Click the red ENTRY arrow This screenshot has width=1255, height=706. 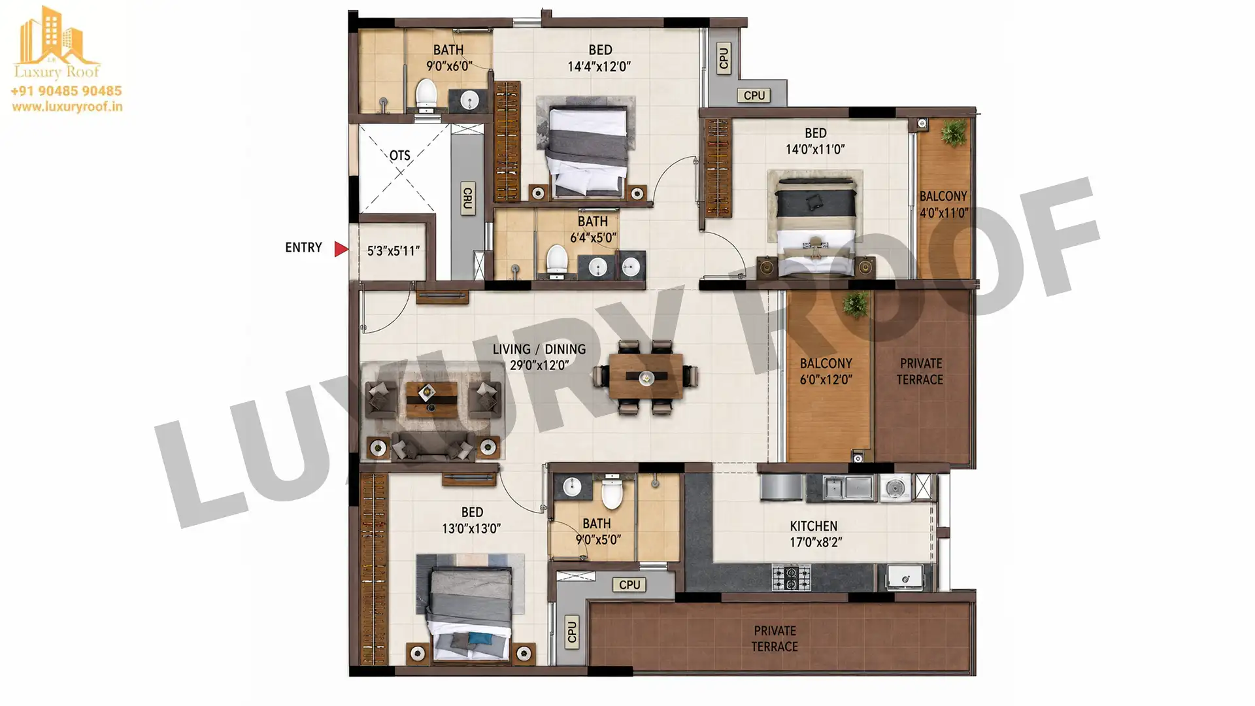[x=341, y=249]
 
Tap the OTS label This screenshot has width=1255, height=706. [x=400, y=156]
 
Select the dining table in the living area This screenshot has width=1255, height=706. [x=646, y=377]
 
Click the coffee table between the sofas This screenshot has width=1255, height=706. [x=431, y=399]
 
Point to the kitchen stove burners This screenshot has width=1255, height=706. [x=791, y=577]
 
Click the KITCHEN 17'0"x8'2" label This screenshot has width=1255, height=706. [x=814, y=534]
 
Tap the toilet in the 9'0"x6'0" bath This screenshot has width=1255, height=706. [x=426, y=95]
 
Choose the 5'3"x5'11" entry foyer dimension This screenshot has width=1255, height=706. [x=393, y=250]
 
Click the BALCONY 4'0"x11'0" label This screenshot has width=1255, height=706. [x=944, y=204]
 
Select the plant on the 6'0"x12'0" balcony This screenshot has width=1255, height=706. [x=856, y=305]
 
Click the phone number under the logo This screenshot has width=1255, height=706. [x=66, y=91]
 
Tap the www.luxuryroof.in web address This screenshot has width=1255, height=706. [x=67, y=107]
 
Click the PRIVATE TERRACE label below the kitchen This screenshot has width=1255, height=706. [x=775, y=639]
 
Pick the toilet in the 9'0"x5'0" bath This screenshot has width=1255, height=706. [x=612, y=492]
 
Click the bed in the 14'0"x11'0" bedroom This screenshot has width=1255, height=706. [x=815, y=225]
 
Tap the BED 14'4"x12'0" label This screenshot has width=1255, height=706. [x=599, y=58]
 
